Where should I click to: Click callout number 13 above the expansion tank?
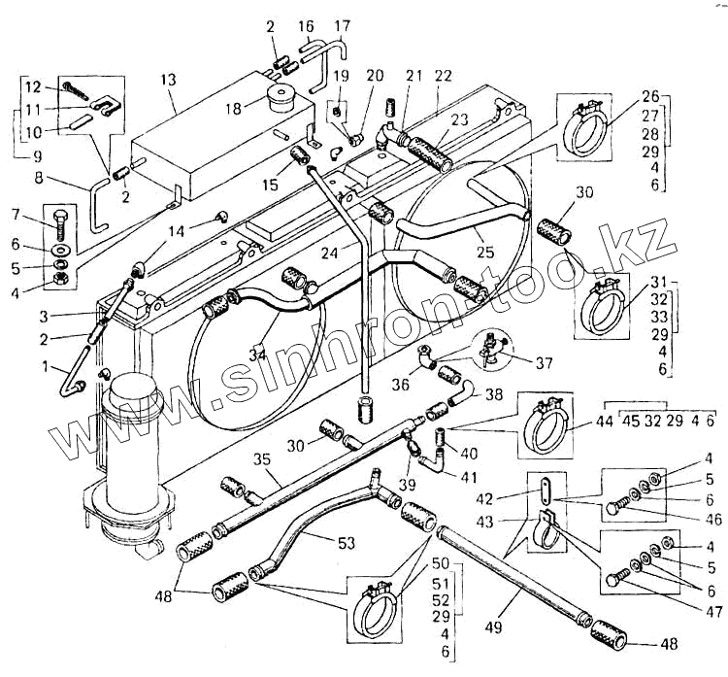coord(169,79)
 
